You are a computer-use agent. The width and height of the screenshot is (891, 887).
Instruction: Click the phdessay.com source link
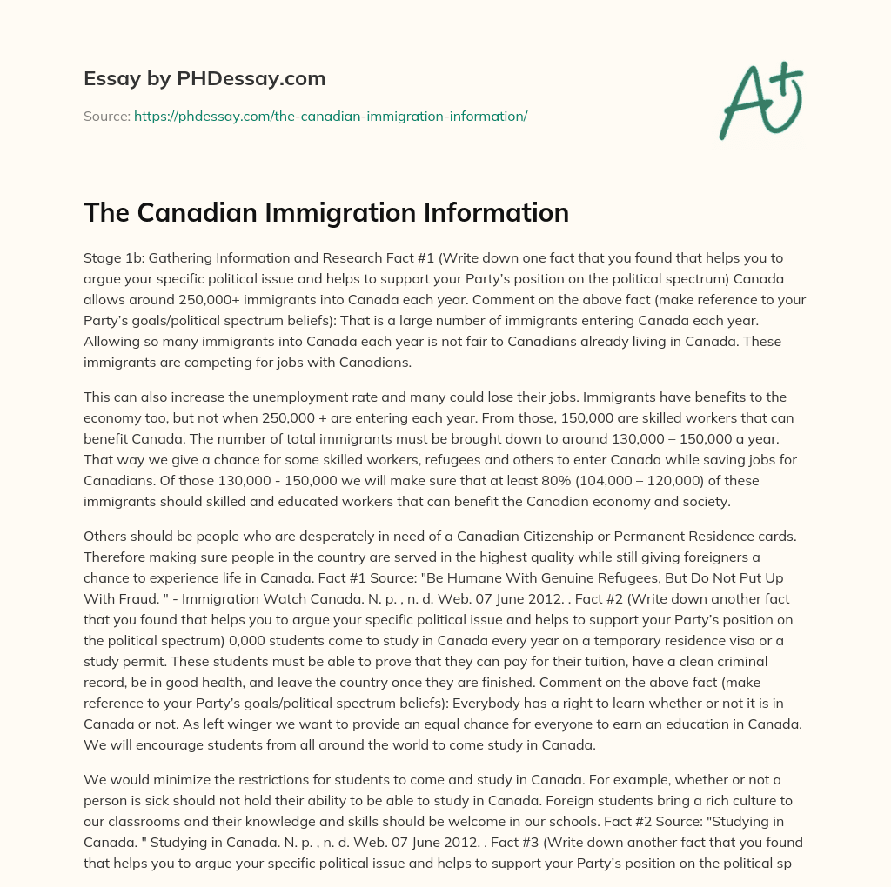[331, 115]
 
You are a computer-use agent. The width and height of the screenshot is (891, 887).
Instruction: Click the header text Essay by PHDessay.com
[204, 78]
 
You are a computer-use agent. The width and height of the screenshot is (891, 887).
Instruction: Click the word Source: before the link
[106, 115]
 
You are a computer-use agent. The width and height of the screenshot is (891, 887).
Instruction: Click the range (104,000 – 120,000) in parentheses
[682, 478]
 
